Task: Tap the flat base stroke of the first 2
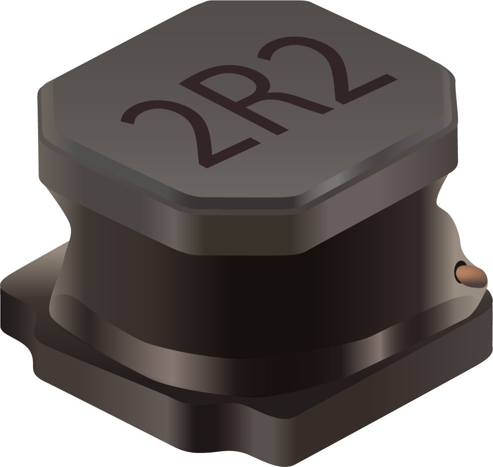(235, 154)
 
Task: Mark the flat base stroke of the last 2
(366, 90)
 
